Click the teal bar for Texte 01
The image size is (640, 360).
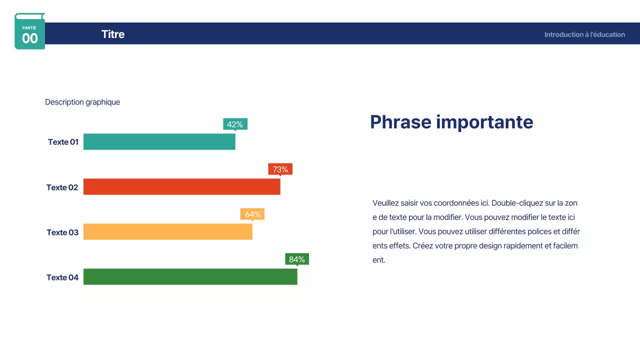159,141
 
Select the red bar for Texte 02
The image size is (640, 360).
181,186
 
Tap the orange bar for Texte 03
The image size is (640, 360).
167,231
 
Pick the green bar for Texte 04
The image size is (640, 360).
190,276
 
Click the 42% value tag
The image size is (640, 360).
235,124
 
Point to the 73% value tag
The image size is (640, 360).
280,169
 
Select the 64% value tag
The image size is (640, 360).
252,214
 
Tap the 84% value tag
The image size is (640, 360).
297,259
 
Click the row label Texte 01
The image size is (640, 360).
63,142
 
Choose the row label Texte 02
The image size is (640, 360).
62,187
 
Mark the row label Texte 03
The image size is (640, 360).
62,232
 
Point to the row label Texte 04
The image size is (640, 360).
62,277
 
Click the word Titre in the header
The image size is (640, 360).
113,34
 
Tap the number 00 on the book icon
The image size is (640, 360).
29,38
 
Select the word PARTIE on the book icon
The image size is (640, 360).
29,28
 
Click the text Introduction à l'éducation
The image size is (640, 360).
584,34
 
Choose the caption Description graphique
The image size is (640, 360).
82,102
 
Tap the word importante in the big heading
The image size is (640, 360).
484,122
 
